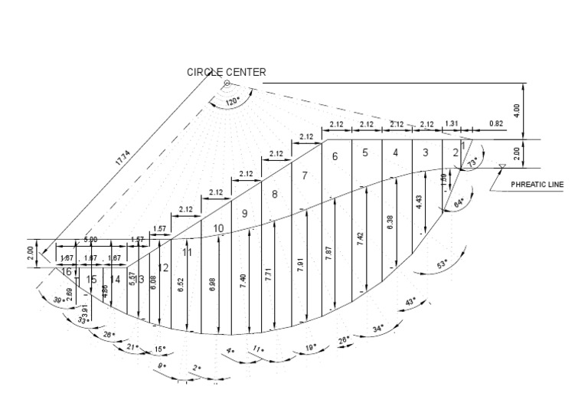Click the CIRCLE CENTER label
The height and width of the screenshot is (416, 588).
tap(227, 72)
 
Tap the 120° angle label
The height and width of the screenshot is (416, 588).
tap(234, 101)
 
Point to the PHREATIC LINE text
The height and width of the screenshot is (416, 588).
tap(537, 184)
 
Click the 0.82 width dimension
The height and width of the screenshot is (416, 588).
tap(496, 123)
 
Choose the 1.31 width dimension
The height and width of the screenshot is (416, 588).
tap(452, 123)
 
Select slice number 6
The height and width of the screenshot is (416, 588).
tap(335, 156)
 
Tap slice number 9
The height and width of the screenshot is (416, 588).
tap(245, 214)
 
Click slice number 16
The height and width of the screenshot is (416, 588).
tap(67, 271)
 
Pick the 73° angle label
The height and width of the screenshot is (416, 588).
tap(472, 162)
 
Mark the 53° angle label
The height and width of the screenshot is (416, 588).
tap(443, 265)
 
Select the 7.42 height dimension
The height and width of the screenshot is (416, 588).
tap(360, 236)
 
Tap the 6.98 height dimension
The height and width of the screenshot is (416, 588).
tap(212, 283)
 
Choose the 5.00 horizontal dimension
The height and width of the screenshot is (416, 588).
tap(90, 240)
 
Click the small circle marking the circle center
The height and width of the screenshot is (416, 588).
tap(227, 82)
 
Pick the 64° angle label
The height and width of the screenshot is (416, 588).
tap(459, 203)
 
